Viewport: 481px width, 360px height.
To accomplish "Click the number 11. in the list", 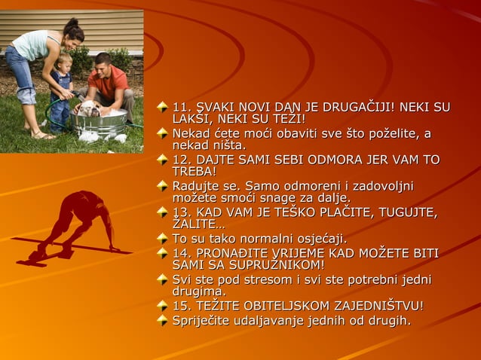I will coord(182,108).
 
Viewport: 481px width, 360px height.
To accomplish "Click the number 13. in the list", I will coord(183,212).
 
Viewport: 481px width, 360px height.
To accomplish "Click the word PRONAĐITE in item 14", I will coord(236,253).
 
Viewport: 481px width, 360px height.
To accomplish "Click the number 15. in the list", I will coord(183,306).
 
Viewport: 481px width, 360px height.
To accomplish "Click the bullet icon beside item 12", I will coord(161,160).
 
